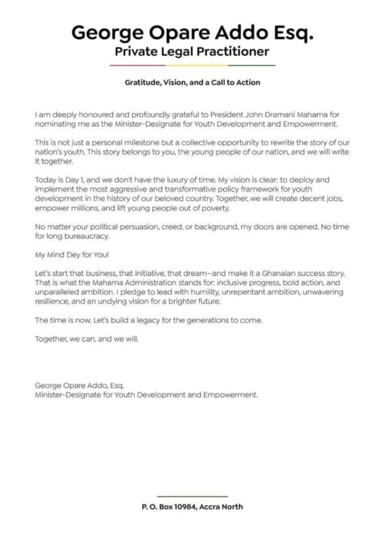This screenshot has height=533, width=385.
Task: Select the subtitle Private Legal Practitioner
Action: point(192,52)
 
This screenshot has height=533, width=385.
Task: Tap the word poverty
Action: point(210,208)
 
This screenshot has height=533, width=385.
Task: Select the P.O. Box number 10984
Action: point(184,506)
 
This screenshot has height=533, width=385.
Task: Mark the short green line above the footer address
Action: point(192,496)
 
